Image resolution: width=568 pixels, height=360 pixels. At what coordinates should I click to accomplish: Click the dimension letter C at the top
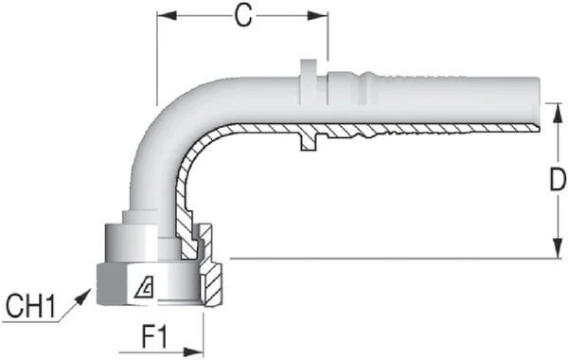[243, 16]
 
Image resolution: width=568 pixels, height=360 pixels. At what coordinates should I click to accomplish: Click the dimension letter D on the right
[558, 179]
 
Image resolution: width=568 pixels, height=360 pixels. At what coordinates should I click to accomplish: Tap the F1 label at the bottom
[155, 337]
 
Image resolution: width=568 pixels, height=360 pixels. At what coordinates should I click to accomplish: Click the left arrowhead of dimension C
[167, 15]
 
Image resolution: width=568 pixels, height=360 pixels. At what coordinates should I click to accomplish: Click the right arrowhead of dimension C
[318, 15]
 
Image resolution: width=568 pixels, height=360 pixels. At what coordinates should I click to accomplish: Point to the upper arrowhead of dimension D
[558, 113]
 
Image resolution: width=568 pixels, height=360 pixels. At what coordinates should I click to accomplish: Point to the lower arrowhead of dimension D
[558, 249]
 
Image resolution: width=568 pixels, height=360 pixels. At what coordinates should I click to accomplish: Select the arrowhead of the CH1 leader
[83, 297]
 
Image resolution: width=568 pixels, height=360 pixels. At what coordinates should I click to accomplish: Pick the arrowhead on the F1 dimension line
[193, 352]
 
